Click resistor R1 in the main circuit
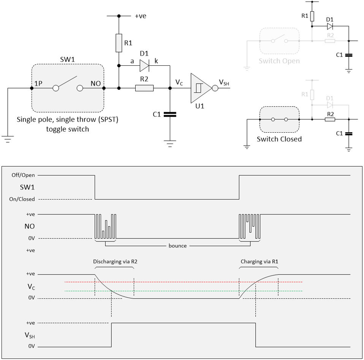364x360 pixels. (x=119, y=43)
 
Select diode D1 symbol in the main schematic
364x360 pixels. (x=145, y=66)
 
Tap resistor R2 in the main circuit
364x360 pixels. (x=144, y=88)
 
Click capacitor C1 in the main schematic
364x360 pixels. (x=169, y=114)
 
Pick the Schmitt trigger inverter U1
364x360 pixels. (x=199, y=88)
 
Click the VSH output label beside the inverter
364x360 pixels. (x=224, y=82)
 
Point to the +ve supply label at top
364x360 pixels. (x=140, y=16)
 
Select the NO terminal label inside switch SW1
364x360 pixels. (x=95, y=83)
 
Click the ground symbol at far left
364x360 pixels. (x=7, y=138)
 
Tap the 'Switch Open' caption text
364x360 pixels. (x=279, y=61)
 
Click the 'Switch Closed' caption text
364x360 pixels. (x=279, y=139)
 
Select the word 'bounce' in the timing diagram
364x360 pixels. (x=177, y=246)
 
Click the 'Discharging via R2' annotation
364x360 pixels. (x=114, y=262)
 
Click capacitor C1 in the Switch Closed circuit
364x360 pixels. (x=349, y=133)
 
